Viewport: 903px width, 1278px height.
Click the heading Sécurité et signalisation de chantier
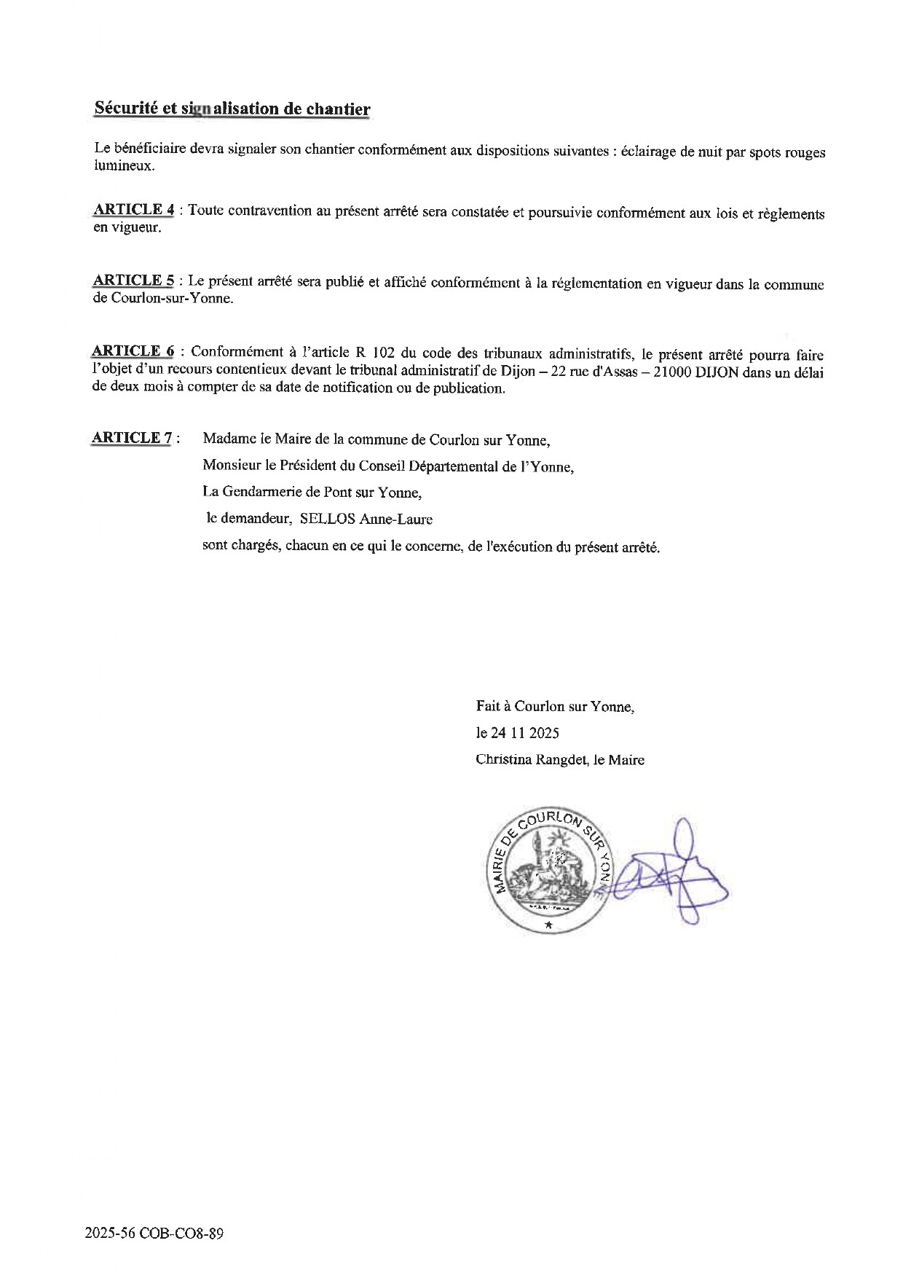232,109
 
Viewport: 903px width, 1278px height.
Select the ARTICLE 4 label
133,210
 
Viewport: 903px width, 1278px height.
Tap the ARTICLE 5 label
133,281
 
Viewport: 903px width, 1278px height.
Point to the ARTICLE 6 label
133,351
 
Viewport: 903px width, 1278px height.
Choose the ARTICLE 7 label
132,438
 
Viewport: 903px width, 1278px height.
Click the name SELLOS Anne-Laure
366,520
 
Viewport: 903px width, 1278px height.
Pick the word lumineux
124,166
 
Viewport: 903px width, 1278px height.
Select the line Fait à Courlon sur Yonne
555,706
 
